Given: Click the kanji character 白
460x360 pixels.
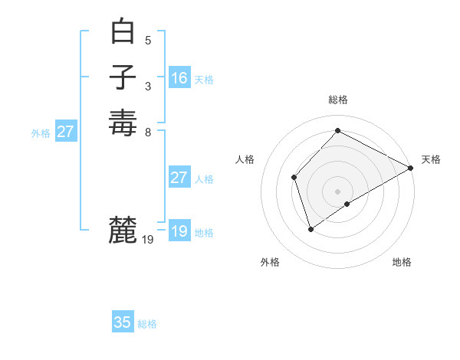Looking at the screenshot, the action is click(x=123, y=32).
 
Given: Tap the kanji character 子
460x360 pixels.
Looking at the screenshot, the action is click(x=123, y=77).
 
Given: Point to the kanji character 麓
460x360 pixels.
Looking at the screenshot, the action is click(x=123, y=230).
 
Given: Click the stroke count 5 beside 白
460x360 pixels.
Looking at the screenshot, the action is click(x=148, y=40).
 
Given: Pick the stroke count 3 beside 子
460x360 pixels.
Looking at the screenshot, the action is click(x=148, y=85).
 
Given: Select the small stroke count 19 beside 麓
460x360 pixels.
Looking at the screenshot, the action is click(x=149, y=240).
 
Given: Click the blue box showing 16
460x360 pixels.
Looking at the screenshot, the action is click(x=179, y=78).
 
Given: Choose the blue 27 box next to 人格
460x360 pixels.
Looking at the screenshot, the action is click(x=179, y=178).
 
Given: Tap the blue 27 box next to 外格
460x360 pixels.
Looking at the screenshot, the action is click(x=66, y=132).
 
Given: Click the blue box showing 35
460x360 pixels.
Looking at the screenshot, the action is click(x=123, y=322).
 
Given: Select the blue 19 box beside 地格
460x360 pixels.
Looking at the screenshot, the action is click(x=179, y=231).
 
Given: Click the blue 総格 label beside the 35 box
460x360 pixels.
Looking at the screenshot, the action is click(x=147, y=324).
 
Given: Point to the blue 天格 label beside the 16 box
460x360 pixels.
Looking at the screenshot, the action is click(x=204, y=80).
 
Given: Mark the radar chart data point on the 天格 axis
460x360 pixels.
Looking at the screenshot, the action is click(x=410, y=169).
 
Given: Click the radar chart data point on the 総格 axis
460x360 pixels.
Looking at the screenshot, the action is click(x=337, y=131).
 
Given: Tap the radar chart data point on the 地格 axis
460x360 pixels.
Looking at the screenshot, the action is click(x=347, y=204).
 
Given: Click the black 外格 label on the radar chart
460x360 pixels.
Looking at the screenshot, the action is click(x=270, y=262).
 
